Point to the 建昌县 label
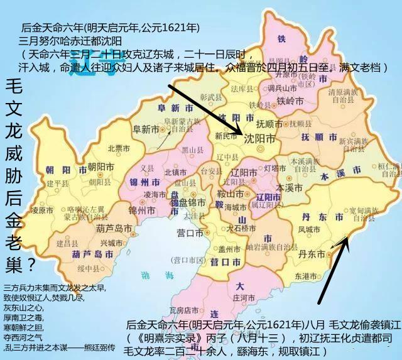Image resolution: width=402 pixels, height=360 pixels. (x=66, y=242)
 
